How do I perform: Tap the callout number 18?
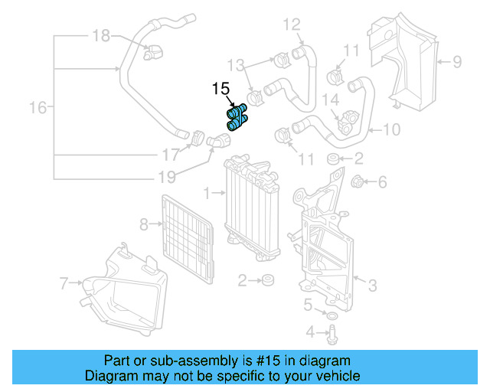point(101,34)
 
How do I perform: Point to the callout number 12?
point(292,24)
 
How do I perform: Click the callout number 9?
point(456,61)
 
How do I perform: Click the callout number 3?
point(372,286)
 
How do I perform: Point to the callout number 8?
point(142,224)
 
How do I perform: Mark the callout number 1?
point(208,188)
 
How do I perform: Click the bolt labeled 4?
point(335,333)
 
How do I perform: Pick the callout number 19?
point(167,178)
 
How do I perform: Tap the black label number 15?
point(220,89)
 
